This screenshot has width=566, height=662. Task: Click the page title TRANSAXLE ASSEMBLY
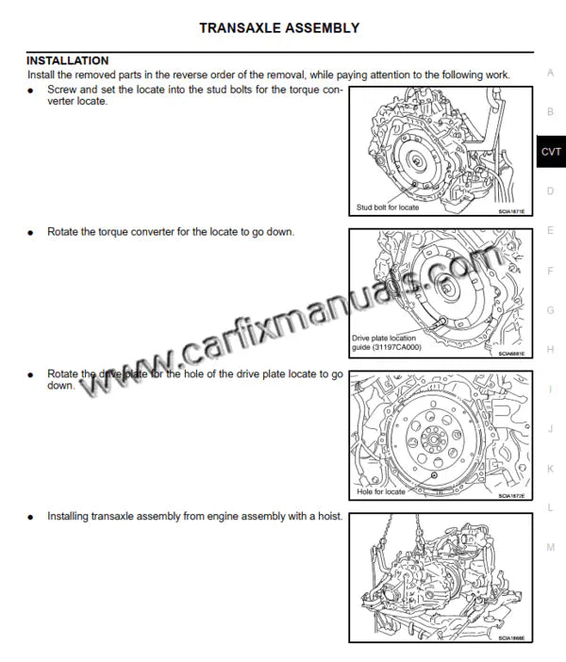tap(278, 28)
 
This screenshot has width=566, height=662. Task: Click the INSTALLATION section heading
tap(67, 60)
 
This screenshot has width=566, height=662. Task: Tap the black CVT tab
tap(551, 152)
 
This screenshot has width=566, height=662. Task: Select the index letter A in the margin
tap(550, 73)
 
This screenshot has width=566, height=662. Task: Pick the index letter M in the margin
tap(550, 547)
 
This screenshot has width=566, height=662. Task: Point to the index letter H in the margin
tap(550, 350)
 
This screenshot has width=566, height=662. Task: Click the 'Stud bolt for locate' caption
tap(387, 207)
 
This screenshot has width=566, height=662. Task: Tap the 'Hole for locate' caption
tap(381, 492)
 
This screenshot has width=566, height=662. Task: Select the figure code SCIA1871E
tap(512, 212)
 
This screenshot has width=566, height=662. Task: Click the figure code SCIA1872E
tap(512, 496)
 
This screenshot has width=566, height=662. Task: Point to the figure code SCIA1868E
tap(512, 637)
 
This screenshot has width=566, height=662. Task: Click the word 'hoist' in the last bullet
tap(325, 517)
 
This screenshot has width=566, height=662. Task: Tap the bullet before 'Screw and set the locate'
tap(31, 90)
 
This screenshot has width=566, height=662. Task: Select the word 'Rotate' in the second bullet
tap(65, 231)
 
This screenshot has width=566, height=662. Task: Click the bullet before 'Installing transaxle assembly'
tap(31, 518)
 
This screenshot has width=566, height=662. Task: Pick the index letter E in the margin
tap(550, 231)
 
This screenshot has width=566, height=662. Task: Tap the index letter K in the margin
tap(550, 469)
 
